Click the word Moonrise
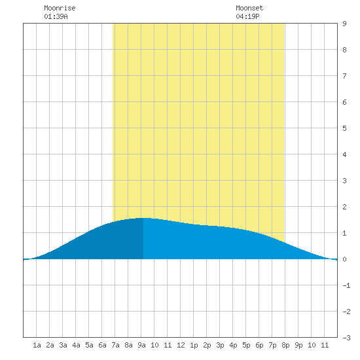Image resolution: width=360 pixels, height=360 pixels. [60, 8]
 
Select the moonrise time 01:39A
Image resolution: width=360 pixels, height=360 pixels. [56, 16]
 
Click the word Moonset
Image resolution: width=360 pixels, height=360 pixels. [249, 8]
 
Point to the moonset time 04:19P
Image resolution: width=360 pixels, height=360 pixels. [247, 16]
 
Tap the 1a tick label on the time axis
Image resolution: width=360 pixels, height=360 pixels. [37, 345]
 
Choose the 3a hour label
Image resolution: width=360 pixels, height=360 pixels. [63, 345]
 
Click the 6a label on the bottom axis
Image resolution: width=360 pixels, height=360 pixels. [102, 345]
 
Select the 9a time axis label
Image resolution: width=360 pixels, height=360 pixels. [141, 345]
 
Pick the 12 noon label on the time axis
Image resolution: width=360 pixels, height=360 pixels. [181, 345]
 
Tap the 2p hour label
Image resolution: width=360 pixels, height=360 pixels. [207, 345]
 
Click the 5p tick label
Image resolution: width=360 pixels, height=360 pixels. [246, 345]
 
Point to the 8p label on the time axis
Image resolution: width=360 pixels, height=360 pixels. [285, 345]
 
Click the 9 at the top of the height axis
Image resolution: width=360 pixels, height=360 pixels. [344, 24]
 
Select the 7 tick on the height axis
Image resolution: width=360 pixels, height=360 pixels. [344, 76]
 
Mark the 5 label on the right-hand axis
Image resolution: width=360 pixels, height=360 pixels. [344, 128]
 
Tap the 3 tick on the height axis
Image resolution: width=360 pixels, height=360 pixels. [344, 181]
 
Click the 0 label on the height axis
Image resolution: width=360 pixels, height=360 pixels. [344, 259]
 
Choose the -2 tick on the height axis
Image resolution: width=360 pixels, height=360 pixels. [346, 312]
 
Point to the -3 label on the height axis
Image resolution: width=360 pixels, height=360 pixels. [346, 338]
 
